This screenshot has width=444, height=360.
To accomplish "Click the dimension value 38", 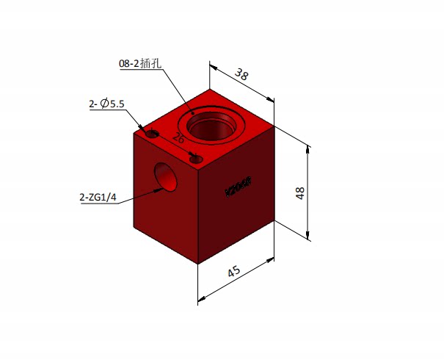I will click(x=241, y=73).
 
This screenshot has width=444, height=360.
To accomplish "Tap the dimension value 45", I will click(x=234, y=271).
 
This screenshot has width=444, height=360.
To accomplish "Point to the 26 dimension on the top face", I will click(x=178, y=137).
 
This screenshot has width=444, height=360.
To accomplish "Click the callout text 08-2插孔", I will click(x=139, y=64).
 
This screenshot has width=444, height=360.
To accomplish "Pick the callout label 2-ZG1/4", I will click(x=98, y=197).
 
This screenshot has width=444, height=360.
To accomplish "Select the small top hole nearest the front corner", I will click(x=195, y=158).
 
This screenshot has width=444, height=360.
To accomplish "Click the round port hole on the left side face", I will click(x=167, y=178).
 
